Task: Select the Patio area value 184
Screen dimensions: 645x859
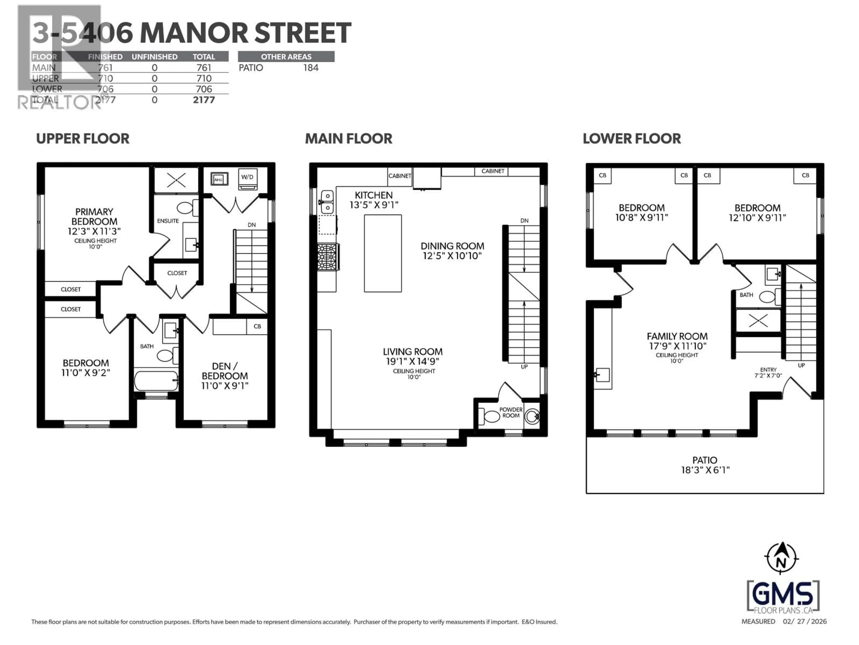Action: pyautogui.click(x=311, y=68)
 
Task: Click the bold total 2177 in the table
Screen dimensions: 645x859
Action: pyautogui.click(x=204, y=100)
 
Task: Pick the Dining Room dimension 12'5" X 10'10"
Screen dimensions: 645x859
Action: pyautogui.click(x=452, y=256)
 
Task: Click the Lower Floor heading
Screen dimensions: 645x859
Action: pyautogui.click(x=631, y=139)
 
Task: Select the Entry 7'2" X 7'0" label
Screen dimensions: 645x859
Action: pyautogui.click(x=768, y=372)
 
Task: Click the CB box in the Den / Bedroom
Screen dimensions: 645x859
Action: pyautogui.click(x=257, y=326)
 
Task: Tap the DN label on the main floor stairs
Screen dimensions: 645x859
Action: pyautogui.click(x=524, y=220)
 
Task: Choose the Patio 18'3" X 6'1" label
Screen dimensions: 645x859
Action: pyautogui.click(x=705, y=465)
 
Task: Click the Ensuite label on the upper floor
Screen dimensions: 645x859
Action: pyautogui.click(x=168, y=221)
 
